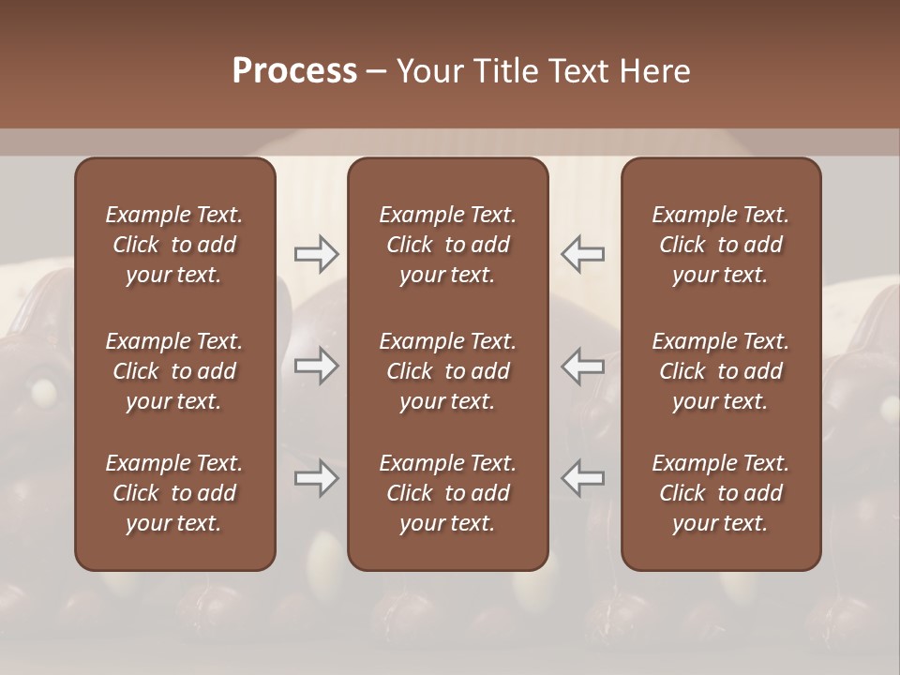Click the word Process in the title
pos(294,71)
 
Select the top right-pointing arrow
pos(316,253)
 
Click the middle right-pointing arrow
pos(316,366)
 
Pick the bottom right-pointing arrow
pos(316,478)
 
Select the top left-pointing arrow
pos(583,253)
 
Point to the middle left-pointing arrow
pos(583,366)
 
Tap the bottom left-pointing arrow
pos(583,478)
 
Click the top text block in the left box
pos(174,245)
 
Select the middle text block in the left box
pos(174,371)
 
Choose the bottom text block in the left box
pos(174,493)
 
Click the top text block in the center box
pos(448,245)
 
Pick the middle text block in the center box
pos(448,371)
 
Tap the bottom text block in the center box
pos(448,493)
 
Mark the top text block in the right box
pos(721,245)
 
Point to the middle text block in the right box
pos(721,371)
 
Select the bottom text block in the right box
pos(721,493)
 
